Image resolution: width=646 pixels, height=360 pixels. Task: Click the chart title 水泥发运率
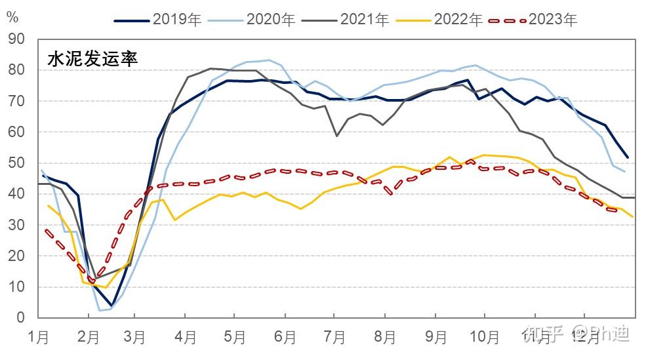92,59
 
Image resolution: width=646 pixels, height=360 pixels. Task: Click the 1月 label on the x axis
38,338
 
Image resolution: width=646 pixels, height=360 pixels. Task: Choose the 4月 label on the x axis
186,338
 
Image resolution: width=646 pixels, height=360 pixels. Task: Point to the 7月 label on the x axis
334,338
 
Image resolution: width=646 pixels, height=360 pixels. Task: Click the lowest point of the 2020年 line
100,310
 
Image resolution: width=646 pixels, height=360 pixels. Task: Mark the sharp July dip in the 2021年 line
336,136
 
